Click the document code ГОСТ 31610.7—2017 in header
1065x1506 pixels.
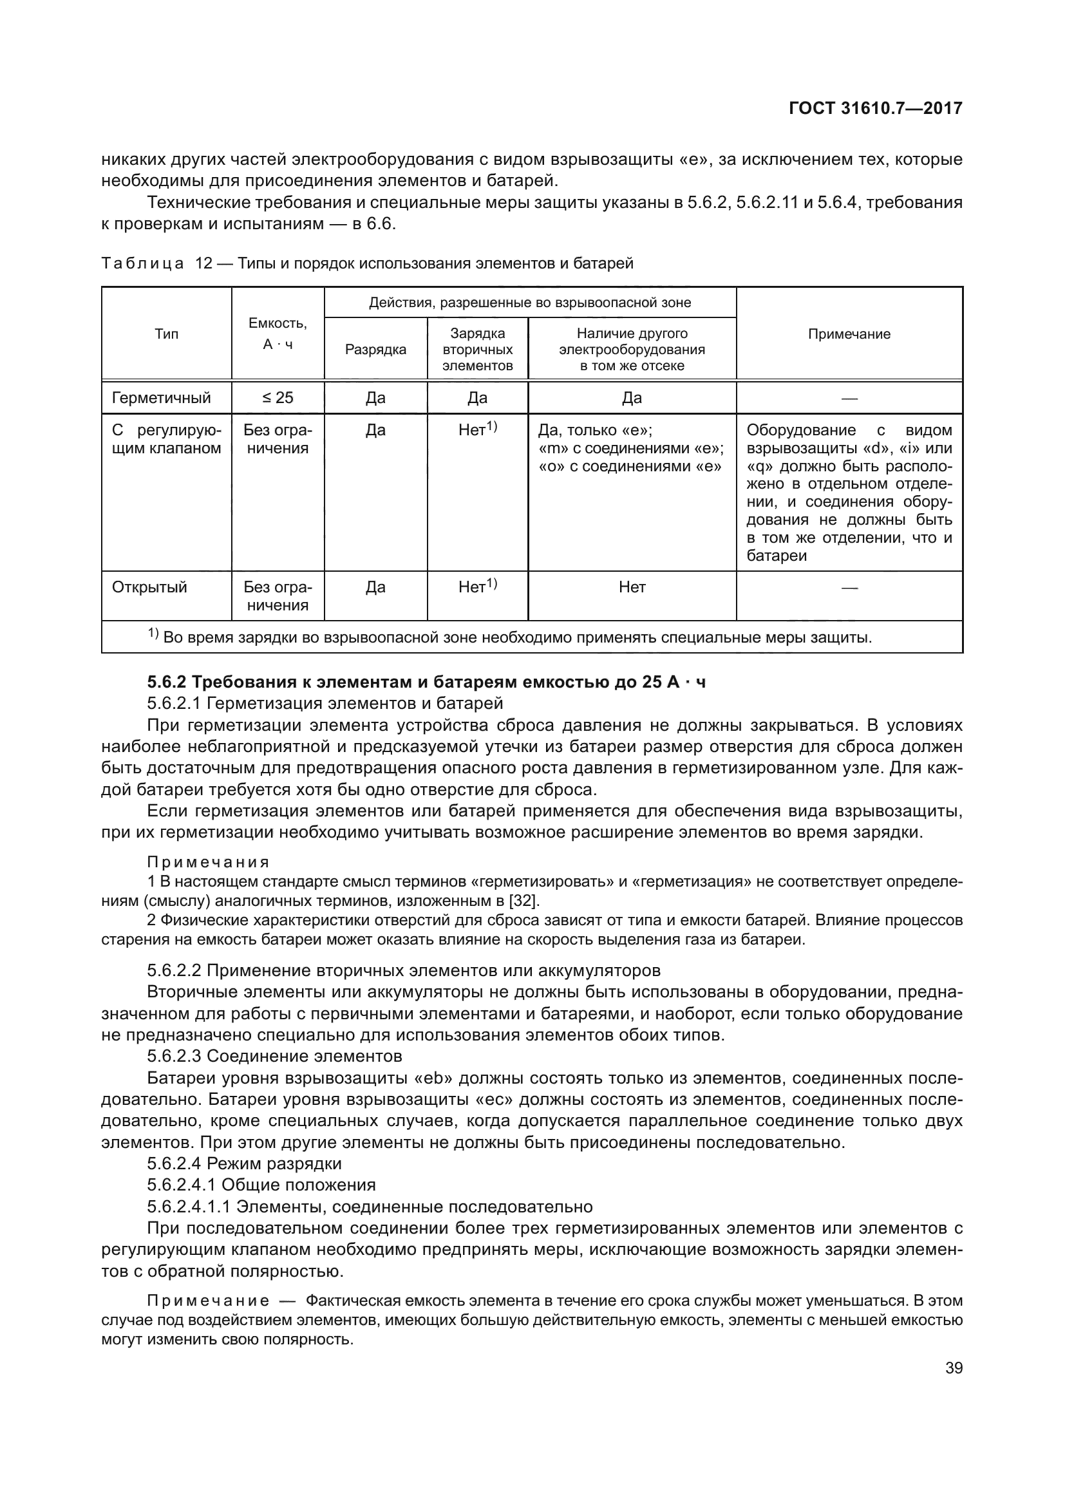876,109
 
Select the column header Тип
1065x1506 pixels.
166,334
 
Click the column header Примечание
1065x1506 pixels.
849,334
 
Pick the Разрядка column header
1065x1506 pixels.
375,350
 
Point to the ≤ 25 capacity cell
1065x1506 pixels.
278,398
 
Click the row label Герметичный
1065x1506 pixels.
162,398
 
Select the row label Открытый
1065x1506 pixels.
149,587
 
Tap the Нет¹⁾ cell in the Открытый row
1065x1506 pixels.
476,587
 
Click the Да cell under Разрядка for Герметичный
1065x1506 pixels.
375,398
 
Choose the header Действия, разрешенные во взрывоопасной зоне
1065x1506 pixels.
529,303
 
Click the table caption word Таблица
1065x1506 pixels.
142,264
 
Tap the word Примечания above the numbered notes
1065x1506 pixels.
208,862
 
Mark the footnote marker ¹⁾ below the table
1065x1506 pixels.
153,634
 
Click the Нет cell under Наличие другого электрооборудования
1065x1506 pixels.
632,587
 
